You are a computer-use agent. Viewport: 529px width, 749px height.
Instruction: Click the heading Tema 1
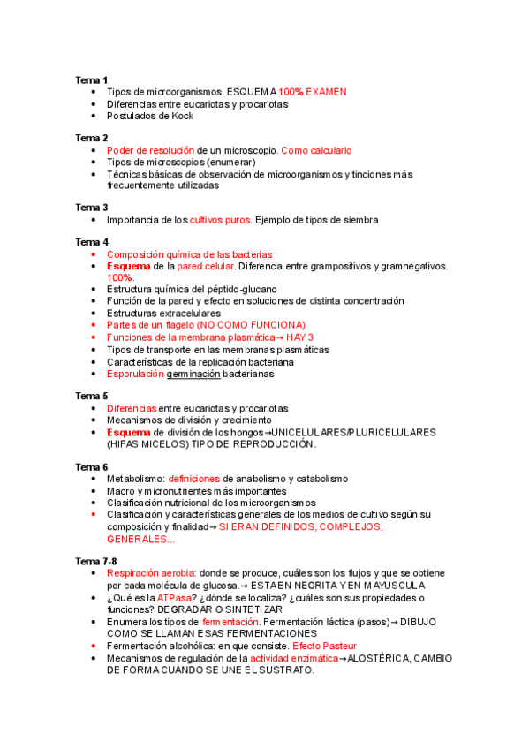click(91, 79)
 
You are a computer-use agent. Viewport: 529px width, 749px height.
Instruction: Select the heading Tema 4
click(91, 242)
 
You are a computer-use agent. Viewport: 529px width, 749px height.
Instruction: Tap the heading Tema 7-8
click(95, 561)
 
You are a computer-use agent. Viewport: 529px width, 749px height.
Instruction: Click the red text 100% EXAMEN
click(313, 92)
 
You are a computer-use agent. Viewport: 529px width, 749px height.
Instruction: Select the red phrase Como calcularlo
click(316, 150)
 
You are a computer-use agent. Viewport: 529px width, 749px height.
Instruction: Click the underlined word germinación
click(193, 374)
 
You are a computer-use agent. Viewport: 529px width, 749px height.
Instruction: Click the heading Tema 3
click(91, 208)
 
